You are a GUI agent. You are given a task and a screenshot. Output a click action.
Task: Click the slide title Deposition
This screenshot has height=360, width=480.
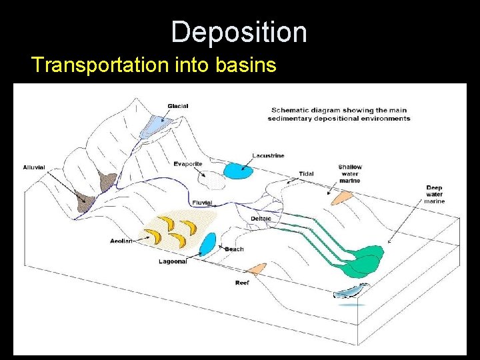pyautogui.click(x=239, y=32)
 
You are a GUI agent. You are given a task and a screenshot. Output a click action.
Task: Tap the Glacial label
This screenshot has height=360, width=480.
pyautogui.click(x=178, y=106)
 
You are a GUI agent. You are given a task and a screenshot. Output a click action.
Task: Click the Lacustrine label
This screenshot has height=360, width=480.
pyautogui.click(x=268, y=156)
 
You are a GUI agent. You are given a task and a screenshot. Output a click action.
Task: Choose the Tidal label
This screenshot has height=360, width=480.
pyautogui.click(x=306, y=174)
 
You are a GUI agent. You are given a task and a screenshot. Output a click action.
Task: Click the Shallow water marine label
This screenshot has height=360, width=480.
pyautogui.click(x=349, y=174)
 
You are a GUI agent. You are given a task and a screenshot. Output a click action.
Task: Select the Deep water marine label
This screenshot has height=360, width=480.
pyautogui.click(x=434, y=194)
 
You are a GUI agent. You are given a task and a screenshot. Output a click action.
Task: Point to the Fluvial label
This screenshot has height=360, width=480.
pyautogui.click(x=202, y=203)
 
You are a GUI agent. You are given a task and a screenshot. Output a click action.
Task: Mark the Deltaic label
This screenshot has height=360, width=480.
pyautogui.click(x=261, y=219)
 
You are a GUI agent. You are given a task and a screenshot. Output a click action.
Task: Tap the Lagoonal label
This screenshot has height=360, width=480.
pyautogui.click(x=173, y=262)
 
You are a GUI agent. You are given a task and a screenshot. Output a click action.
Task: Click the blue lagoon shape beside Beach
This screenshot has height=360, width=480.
pyautogui.click(x=207, y=243)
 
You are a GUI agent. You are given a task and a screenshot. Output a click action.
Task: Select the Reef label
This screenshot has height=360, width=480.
pyautogui.click(x=241, y=283)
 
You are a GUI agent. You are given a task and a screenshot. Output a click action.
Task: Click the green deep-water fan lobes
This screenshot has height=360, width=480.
pyautogui.click(x=364, y=260)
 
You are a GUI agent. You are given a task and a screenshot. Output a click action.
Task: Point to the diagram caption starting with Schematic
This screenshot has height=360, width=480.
pyautogui.click(x=339, y=114)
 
